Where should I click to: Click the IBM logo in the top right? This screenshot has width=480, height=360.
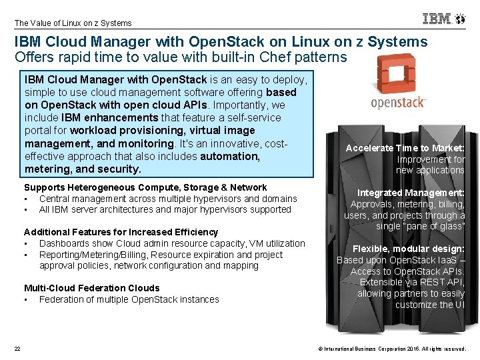tap(437, 19)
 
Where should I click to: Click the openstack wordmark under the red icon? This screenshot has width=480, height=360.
tap(399, 103)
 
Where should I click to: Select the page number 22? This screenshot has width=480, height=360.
tap(17, 349)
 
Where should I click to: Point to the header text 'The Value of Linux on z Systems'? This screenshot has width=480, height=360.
tap(73, 23)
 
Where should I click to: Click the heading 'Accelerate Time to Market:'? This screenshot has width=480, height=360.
tap(405, 148)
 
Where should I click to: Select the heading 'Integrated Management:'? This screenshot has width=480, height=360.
tap(411, 193)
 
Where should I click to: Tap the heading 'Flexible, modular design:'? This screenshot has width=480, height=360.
tap(408, 249)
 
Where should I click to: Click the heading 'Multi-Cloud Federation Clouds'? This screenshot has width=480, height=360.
tap(92, 288)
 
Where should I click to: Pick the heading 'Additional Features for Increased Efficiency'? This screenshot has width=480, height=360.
tap(121, 232)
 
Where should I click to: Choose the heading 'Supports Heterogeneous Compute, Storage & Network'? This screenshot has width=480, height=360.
tap(145, 187)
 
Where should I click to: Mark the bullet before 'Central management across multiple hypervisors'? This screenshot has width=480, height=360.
tap(25, 199)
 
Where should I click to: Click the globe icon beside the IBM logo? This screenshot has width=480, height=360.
tap(459, 19)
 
